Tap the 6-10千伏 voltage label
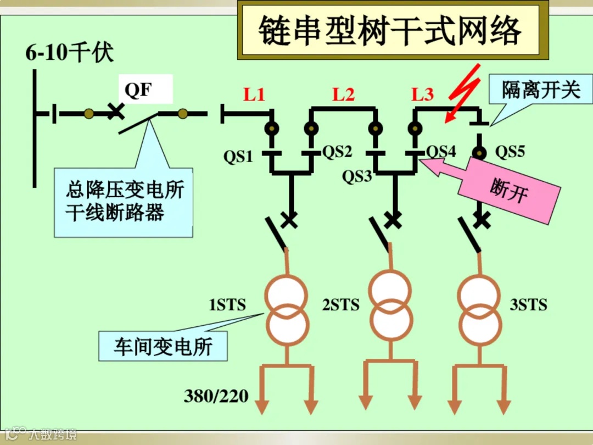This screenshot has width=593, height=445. point(69,54)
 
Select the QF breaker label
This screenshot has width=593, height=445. point(138,89)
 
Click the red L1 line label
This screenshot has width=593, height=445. point(254,94)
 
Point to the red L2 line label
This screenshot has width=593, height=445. point(344,94)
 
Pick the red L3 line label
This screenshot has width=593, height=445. point(423,94)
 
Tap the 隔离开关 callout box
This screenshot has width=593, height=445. point(540,90)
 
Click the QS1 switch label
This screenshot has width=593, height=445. point(238,157)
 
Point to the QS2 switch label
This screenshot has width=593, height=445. point(337,152)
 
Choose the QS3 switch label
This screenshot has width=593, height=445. point(357,176)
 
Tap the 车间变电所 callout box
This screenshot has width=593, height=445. point(163,346)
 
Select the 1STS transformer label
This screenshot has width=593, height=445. point(227,305)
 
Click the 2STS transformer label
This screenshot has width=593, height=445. point(340,305)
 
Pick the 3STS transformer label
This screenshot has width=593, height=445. point(528,305)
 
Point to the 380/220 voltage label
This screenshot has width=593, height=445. point(216,396)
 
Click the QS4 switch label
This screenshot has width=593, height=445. point(441,152)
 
